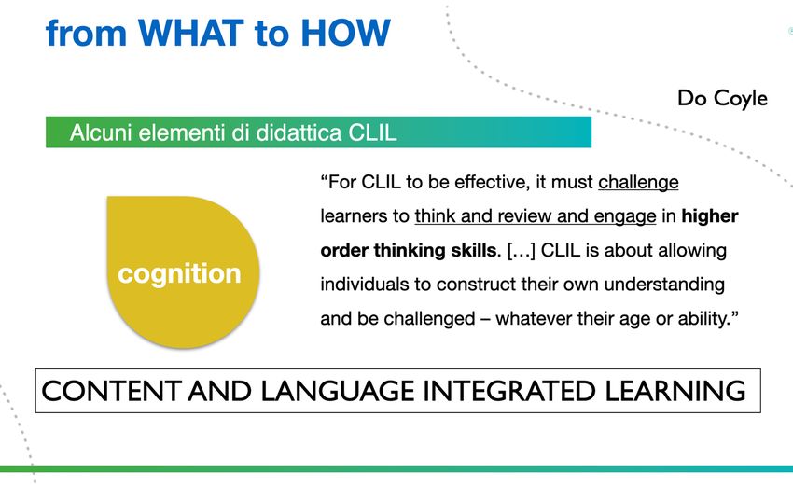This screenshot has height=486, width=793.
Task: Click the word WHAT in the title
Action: (x=191, y=33)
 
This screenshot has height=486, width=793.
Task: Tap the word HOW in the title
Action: (x=345, y=33)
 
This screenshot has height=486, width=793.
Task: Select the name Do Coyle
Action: (x=722, y=98)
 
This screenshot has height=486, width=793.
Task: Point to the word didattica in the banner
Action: (x=299, y=132)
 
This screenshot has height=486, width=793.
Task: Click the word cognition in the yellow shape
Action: (x=179, y=274)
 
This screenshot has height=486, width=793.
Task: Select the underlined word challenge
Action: (x=638, y=183)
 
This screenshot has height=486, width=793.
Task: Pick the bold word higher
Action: (x=710, y=216)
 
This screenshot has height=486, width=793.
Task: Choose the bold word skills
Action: (x=474, y=250)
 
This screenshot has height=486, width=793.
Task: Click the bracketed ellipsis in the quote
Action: (x=521, y=251)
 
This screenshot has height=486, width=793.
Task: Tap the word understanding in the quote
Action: (x=664, y=285)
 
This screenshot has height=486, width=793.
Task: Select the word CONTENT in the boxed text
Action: (x=111, y=391)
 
